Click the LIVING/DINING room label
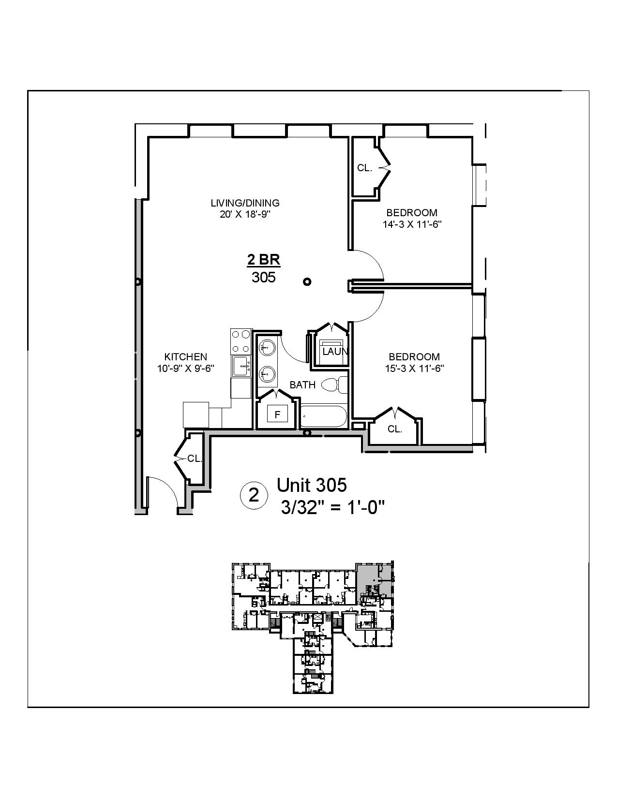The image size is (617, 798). (245, 203)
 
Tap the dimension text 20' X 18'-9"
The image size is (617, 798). (245, 215)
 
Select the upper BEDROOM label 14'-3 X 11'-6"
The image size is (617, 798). (411, 224)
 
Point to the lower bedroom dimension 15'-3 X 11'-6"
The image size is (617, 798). (414, 368)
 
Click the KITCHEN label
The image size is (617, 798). (186, 357)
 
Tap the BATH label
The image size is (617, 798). (302, 385)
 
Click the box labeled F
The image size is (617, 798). (277, 414)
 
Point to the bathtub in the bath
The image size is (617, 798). (323, 417)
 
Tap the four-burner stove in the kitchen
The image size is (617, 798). (241, 340)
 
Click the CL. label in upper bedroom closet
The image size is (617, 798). (364, 168)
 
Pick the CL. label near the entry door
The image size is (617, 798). (195, 458)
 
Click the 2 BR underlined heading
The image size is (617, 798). (264, 260)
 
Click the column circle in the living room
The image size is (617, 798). (307, 281)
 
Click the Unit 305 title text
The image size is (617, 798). (312, 485)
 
